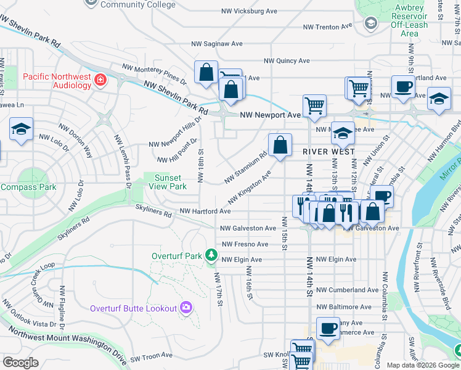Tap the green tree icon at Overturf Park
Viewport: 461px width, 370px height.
pos(211,255)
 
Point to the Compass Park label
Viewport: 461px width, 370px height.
pos(28,187)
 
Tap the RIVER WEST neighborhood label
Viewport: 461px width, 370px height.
pos(328,151)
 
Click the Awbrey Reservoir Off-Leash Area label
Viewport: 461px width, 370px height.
pos(409,20)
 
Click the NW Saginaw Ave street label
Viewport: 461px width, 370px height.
pos(217,44)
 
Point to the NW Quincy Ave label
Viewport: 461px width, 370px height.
pos(287,61)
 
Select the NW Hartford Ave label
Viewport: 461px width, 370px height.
pos(205,211)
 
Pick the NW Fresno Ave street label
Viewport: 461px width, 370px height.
pos(245,244)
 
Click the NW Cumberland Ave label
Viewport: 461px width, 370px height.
pos(348,290)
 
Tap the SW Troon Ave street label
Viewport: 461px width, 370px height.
pos(153,356)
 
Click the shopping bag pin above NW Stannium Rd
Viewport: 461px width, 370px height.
pos(280,146)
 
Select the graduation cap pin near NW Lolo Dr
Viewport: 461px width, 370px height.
pos(21,130)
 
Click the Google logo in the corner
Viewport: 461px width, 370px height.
pos(20,363)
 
